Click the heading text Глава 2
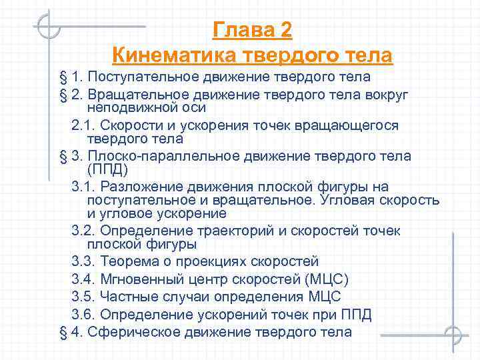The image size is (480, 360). click(252, 30)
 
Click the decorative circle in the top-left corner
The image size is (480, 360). click(48, 28)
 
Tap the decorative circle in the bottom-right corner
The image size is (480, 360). click(454, 333)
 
